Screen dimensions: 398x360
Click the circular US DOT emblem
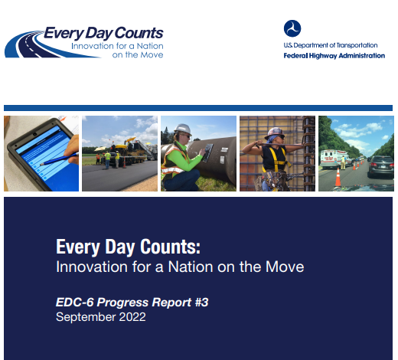pyautogui.click(x=292, y=28)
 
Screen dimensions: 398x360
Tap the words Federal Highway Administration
pyautogui.click(x=334, y=56)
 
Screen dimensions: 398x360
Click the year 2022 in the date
pyautogui.click(x=132, y=317)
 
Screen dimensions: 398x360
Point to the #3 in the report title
pyautogui.click(x=201, y=303)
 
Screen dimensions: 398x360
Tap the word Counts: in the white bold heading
pyautogui.click(x=170, y=247)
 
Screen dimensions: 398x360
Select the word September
pyautogui.click(x=86, y=318)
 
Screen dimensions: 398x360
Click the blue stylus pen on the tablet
pyautogui.click(x=59, y=159)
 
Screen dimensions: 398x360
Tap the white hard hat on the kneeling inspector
pyautogui.click(x=183, y=129)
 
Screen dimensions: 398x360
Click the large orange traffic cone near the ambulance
pyautogui.click(x=338, y=177)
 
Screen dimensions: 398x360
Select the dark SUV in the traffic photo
pyautogui.click(x=380, y=166)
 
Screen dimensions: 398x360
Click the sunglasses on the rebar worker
pyautogui.click(x=281, y=137)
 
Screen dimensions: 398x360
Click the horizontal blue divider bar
pyautogui.click(x=198, y=108)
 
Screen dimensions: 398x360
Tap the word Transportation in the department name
pyautogui.click(x=357, y=45)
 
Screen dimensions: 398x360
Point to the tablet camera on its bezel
pyautogui.click(x=34, y=134)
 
